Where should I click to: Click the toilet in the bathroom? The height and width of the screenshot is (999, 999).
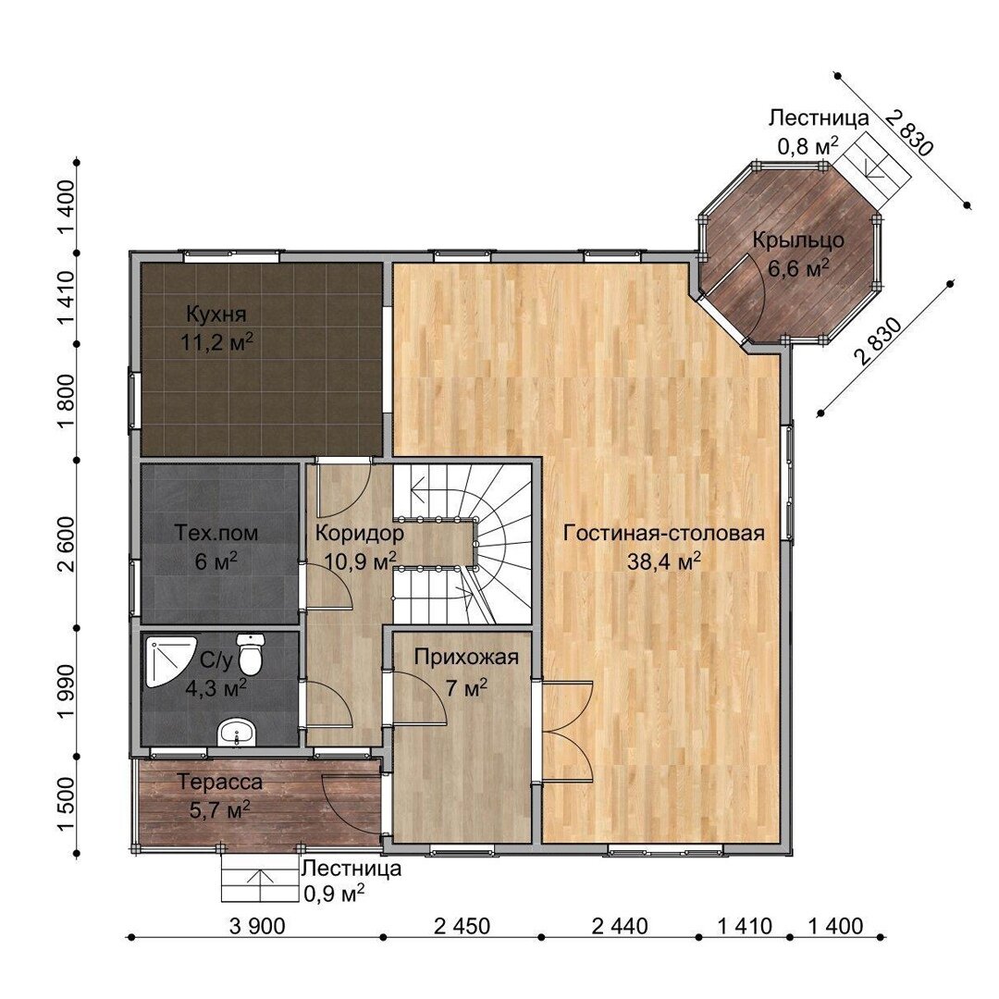[250, 654]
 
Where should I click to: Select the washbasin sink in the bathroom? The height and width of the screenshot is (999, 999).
[237, 733]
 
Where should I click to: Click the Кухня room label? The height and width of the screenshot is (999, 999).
[216, 314]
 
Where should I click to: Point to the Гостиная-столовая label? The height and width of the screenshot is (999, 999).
[664, 534]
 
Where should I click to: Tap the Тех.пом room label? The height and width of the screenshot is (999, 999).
[216, 533]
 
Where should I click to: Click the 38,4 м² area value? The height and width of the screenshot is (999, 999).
[664, 561]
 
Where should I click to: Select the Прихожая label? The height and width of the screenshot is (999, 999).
[466, 657]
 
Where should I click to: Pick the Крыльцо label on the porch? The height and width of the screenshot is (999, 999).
[798, 240]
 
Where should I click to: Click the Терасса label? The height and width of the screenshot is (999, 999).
[220, 781]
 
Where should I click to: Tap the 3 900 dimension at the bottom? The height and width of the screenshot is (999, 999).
[257, 926]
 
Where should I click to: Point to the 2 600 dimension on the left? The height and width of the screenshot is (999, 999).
[67, 544]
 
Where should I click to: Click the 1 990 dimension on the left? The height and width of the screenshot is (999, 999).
[67, 692]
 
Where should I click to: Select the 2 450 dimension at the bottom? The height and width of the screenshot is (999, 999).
[462, 926]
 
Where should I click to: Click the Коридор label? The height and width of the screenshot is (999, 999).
[359, 532]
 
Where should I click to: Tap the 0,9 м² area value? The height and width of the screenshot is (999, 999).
[334, 894]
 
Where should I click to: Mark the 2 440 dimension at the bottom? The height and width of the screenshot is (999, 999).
[619, 926]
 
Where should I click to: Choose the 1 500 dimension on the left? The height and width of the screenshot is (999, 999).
[67, 804]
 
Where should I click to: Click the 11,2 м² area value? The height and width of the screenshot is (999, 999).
[216, 343]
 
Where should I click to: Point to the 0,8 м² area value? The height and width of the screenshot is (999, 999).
[808, 146]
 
